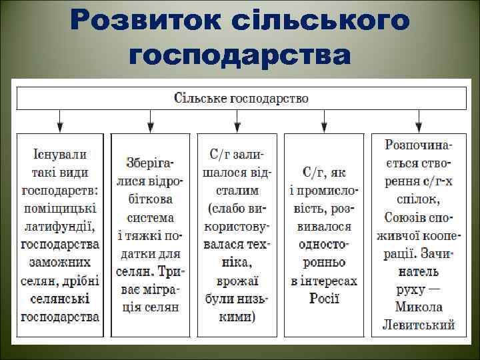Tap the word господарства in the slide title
[x=240, y=55]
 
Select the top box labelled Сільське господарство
[x=241, y=98]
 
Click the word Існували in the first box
[x=60, y=155]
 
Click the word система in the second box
[x=151, y=217]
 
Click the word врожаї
[x=238, y=280]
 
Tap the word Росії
[x=325, y=298]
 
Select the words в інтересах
[x=325, y=281]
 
